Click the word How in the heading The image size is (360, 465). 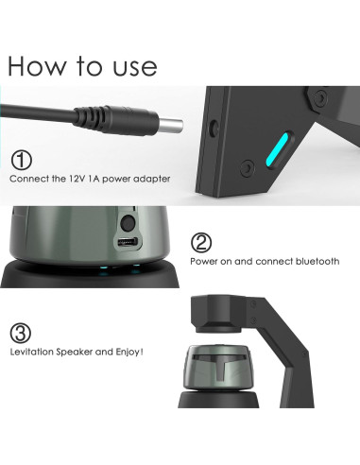click(39, 65)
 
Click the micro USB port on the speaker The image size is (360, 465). click(126, 246)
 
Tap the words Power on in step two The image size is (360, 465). click(209, 261)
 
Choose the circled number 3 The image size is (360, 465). click(21, 333)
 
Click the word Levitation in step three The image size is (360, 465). click(32, 353)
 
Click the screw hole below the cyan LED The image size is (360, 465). click(248, 168)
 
